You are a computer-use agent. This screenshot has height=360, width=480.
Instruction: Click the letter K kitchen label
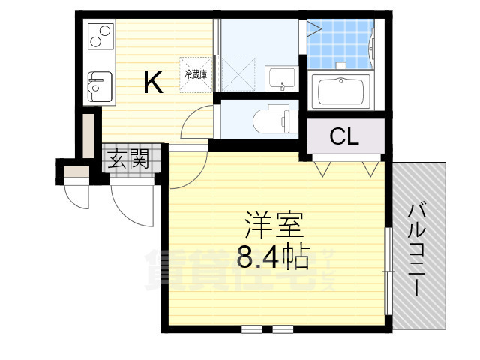click(x=153, y=82)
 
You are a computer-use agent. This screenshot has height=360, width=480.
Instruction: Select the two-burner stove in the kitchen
click(x=100, y=36)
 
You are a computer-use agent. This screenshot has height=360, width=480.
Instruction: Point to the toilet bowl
click(x=270, y=119)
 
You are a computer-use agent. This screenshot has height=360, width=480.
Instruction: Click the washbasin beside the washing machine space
click(x=282, y=76)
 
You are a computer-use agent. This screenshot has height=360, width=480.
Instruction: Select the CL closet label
click(x=344, y=137)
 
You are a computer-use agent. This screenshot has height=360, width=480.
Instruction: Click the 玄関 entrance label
click(x=127, y=159)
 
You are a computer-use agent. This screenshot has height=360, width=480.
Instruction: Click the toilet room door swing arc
click(x=196, y=120)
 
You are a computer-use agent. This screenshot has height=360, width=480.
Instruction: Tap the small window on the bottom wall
click(x=268, y=328)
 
